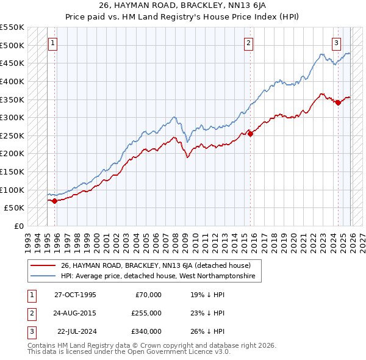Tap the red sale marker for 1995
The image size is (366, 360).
[x=55, y=201]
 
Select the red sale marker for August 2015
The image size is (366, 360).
[x=250, y=134]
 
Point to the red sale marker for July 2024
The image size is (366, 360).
[x=338, y=103]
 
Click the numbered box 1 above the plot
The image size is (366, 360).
[x=53, y=43]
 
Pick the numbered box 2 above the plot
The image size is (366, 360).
[x=249, y=43]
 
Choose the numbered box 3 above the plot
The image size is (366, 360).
[x=336, y=43]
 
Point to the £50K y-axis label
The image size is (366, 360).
[x=14, y=208]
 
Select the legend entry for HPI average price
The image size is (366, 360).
[x=160, y=276]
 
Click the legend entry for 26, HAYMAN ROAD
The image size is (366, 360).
[x=160, y=265]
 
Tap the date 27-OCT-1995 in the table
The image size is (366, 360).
[x=75, y=295]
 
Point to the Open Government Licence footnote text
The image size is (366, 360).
[x=129, y=352]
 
